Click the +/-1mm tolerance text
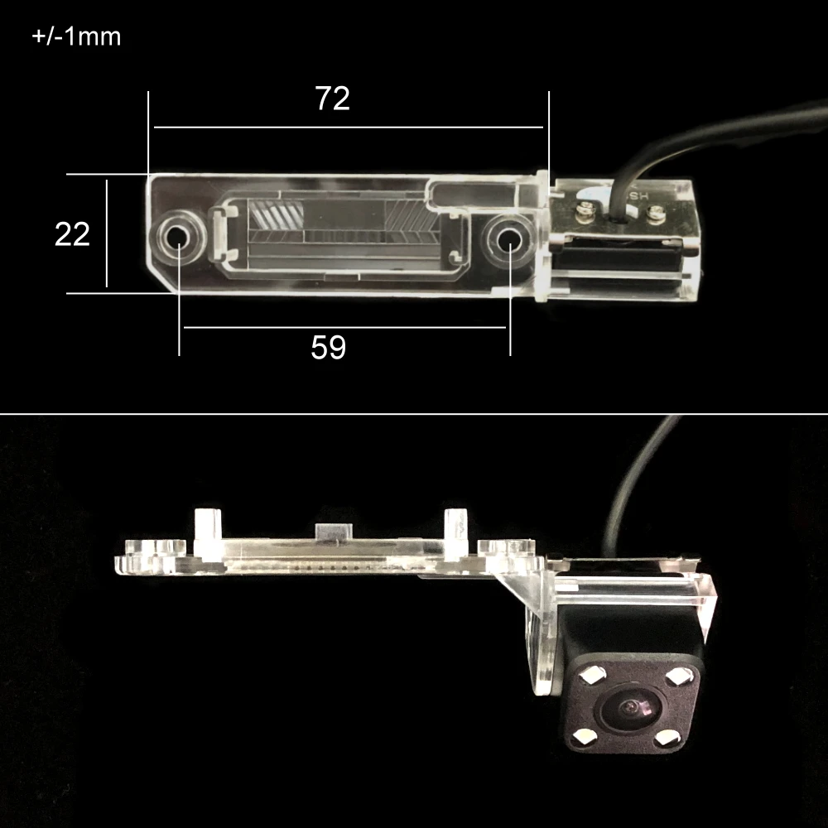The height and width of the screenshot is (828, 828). [x=76, y=36]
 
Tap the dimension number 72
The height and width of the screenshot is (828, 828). [x=332, y=99]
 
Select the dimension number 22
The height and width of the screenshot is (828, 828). [x=72, y=234]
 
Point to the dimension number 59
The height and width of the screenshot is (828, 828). [x=329, y=347]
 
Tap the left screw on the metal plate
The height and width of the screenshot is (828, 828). [x=584, y=209]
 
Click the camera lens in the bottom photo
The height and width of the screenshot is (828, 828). [x=632, y=709]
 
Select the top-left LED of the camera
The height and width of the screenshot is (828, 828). [x=590, y=675]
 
